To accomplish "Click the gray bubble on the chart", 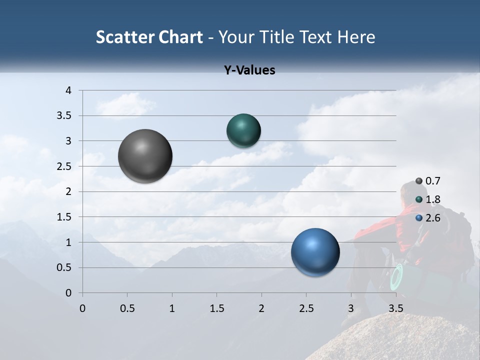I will click(145, 156).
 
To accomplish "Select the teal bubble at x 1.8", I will click(243, 130).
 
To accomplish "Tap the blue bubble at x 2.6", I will click(315, 252).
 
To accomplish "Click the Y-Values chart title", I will click(249, 70).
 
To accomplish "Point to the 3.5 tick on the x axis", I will click(395, 308).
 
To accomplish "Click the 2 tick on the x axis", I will click(261, 308).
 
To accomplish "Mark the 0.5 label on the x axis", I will click(127, 308).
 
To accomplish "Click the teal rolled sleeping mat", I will click(400, 277).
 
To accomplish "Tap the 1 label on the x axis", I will click(172, 308).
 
